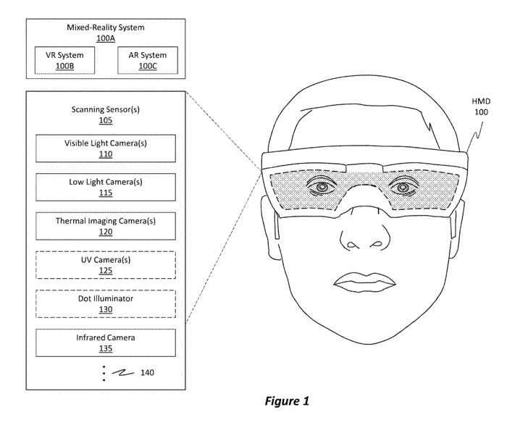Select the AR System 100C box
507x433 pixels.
pyautogui.click(x=147, y=60)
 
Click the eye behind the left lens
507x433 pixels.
pyautogui.click(x=319, y=188)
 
